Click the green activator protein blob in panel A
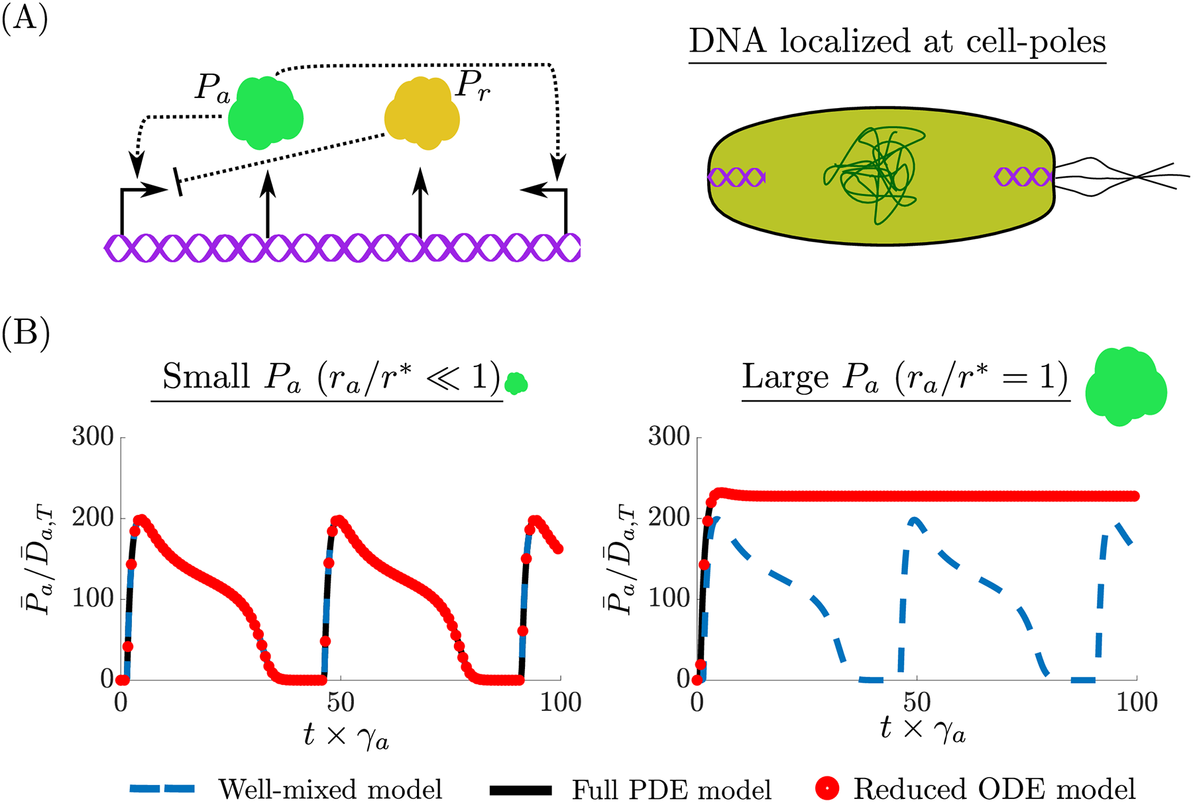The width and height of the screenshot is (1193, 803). (x=265, y=113)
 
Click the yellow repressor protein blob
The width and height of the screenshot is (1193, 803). (x=422, y=113)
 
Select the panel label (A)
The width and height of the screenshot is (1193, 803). (x=25, y=19)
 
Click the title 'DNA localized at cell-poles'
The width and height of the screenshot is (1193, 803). (x=897, y=41)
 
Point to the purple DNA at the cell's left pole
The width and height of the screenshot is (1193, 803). (x=736, y=178)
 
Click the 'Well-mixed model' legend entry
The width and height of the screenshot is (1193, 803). (x=330, y=789)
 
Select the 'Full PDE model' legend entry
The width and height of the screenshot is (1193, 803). (x=671, y=789)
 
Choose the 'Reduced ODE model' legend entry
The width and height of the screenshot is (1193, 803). (x=994, y=789)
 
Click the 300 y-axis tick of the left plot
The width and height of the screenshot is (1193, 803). (x=93, y=437)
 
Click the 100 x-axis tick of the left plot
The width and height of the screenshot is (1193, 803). (x=561, y=702)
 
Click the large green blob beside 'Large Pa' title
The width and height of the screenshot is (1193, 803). (x=1125, y=387)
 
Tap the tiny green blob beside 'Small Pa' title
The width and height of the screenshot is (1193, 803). (x=516, y=383)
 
